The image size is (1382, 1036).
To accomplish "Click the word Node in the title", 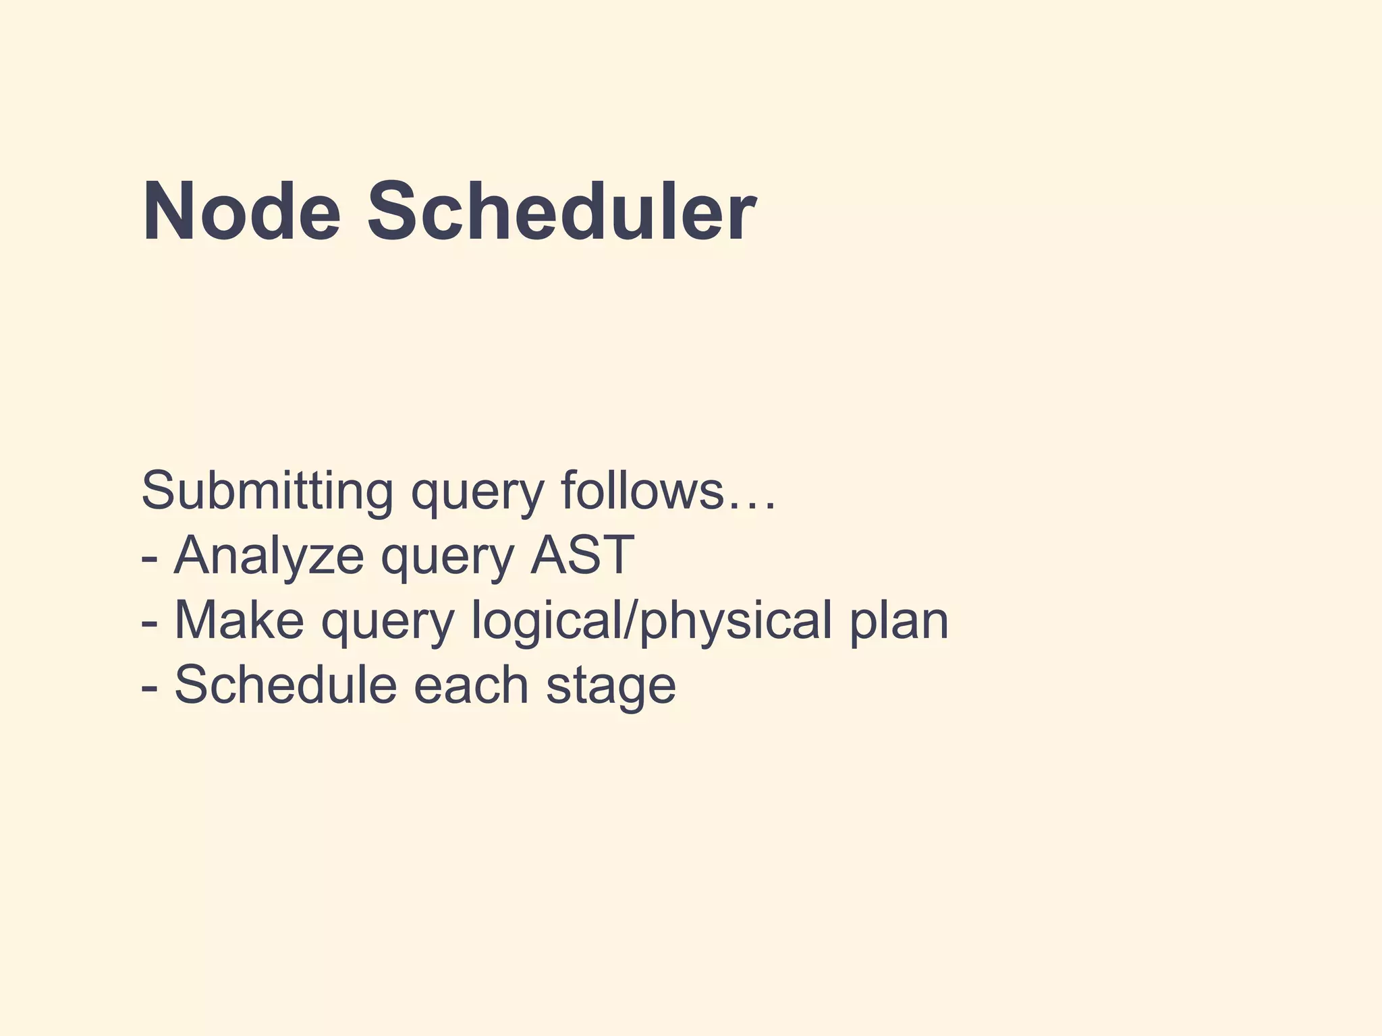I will pyautogui.click(x=241, y=212).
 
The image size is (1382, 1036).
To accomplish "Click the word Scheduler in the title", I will pyautogui.click(x=560, y=212).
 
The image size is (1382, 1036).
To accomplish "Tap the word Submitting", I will pyautogui.click(x=267, y=491).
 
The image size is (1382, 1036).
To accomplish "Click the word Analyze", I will pyautogui.click(x=269, y=556).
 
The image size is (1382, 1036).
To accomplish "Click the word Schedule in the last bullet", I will pyautogui.click(x=285, y=684).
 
